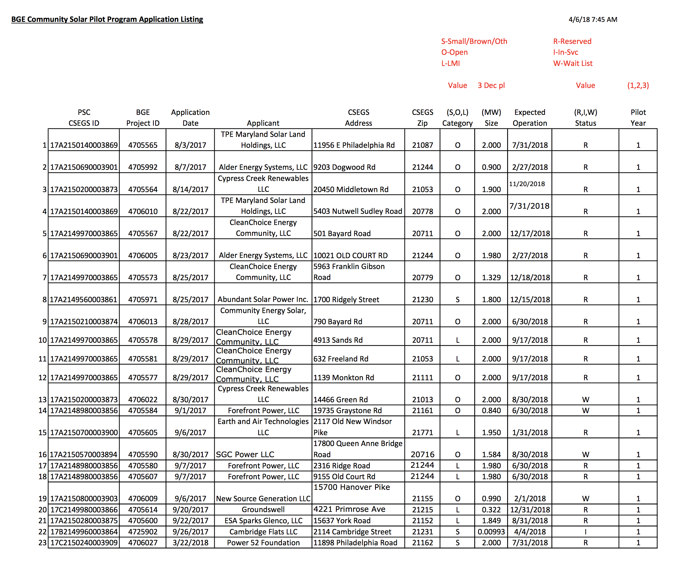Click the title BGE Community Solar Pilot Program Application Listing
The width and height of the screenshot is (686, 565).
(x=107, y=19)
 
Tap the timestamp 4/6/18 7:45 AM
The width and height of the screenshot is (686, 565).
(x=593, y=20)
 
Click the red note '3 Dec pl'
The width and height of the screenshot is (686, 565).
(x=491, y=85)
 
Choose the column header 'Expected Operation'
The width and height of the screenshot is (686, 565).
(x=529, y=117)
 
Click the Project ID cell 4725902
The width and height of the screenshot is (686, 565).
(x=142, y=532)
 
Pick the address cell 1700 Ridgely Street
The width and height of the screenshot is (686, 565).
(x=346, y=299)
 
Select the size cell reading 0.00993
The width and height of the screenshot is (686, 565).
(x=491, y=532)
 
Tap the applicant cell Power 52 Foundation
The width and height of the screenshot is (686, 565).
(x=263, y=542)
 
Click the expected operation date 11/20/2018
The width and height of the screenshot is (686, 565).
(x=527, y=184)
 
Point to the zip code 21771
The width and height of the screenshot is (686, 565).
(x=422, y=433)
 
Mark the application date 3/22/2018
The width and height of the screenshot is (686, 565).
(x=190, y=542)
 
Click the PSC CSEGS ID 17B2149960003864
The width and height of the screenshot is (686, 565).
(x=84, y=532)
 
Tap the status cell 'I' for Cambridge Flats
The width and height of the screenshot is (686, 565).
(x=585, y=532)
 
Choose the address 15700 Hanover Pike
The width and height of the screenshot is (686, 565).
(x=351, y=487)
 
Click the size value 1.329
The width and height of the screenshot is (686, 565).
(x=491, y=278)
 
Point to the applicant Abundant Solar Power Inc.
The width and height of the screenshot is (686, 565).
(x=263, y=299)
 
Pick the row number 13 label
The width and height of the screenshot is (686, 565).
(x=43, y=399)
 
